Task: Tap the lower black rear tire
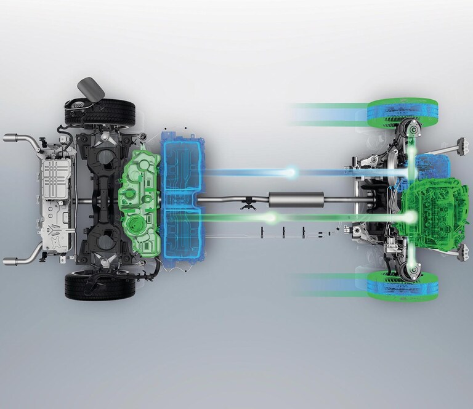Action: click(x=100, y=286)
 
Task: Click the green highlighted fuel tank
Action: click(x=139, y=203)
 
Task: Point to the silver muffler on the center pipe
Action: click(x=296, y=200)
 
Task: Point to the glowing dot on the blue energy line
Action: click(x=291, y=174)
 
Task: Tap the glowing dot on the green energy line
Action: click(x=272, y=217)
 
